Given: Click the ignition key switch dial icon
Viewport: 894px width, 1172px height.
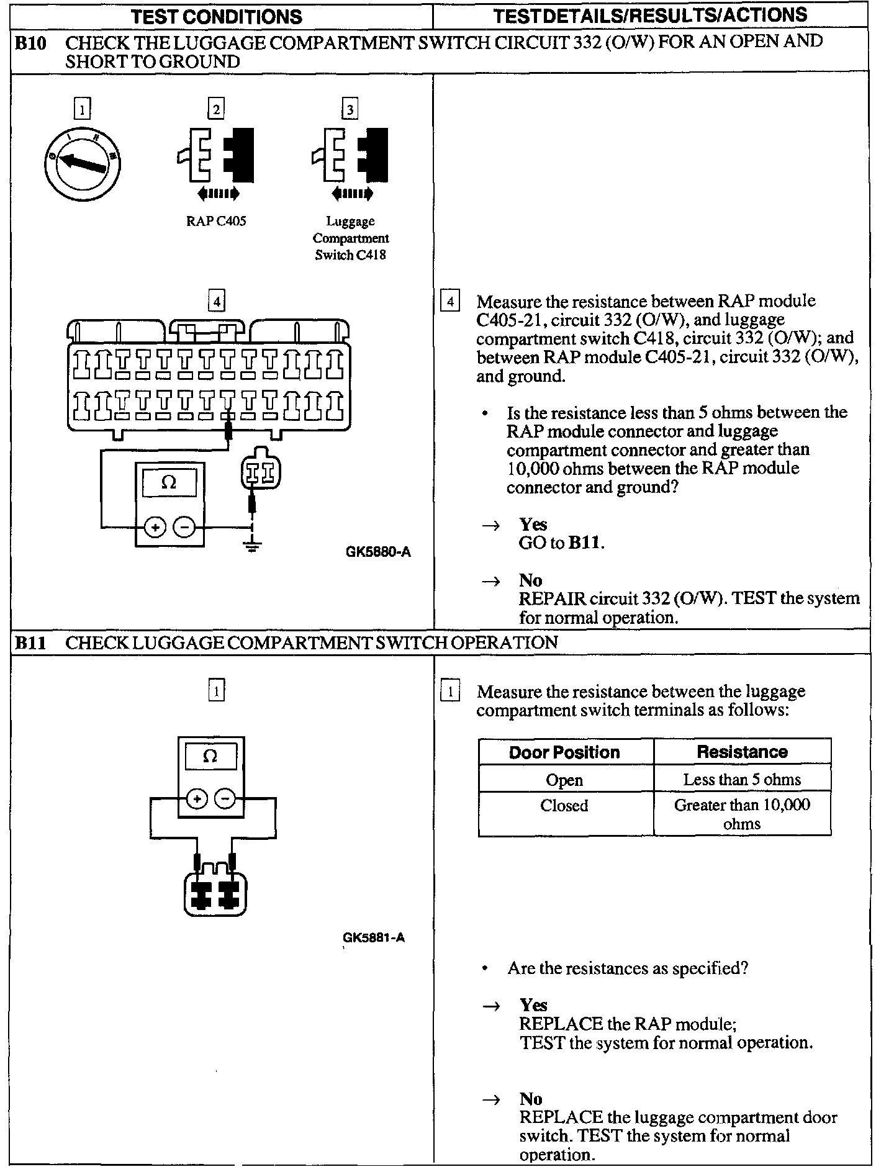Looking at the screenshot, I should coord(82,163).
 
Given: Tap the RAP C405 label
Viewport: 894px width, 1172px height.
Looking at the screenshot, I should coord(216,222).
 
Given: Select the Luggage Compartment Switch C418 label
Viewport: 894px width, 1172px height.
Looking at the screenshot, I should coord(351,238).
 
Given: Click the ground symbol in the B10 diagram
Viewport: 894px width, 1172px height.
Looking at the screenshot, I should coord(251,546).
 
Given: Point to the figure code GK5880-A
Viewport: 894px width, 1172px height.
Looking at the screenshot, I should coord(378,552).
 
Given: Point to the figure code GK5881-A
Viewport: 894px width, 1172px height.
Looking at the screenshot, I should coord(374,937).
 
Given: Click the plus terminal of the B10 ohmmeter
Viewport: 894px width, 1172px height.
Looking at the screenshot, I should coord(155,528).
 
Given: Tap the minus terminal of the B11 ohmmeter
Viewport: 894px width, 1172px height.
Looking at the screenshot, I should coord(225,799).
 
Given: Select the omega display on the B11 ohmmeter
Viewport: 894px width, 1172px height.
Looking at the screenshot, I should coord(210,757).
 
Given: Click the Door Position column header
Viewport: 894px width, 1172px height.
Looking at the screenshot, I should coord(564,752).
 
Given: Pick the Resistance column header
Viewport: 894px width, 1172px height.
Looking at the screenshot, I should coord(742,752).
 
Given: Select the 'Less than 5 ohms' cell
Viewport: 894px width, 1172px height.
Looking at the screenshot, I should coord(742,780).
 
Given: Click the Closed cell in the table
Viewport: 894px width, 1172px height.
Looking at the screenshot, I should coord(564,806).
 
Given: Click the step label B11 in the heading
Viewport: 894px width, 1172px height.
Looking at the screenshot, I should coord(30,642).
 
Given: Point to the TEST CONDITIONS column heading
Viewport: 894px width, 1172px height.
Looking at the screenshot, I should coord(217,16).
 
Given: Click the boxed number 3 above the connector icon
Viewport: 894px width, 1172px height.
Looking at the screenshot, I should coord(350,110).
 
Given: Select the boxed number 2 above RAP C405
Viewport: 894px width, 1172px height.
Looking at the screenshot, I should coord(216,110).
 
